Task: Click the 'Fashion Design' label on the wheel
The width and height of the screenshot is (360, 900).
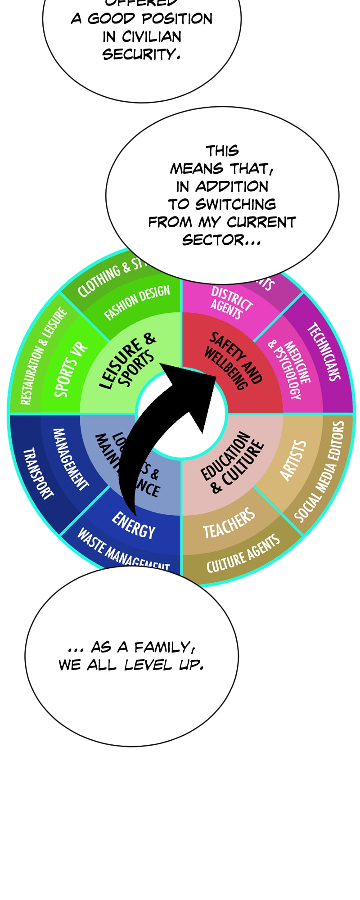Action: coord(137,303)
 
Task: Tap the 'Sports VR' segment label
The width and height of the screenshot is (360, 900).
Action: coord(71,370)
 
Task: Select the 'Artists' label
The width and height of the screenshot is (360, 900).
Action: coord(293,460)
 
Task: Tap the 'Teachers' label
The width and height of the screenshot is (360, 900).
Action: coord(229,523)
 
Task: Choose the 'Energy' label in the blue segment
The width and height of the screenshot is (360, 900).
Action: coord(133,525)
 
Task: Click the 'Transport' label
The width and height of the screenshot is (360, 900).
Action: coord(38,473)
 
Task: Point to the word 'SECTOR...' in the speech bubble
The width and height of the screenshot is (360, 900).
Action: coord(221,240)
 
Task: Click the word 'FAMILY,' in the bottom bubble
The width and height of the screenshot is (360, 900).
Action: coord(165,647)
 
